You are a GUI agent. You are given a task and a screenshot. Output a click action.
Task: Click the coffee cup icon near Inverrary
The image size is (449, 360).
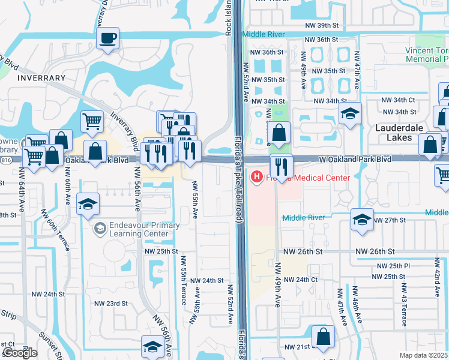(x=107, y=40)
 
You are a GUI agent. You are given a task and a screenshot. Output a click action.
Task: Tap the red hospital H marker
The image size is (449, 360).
(x=257, y=176)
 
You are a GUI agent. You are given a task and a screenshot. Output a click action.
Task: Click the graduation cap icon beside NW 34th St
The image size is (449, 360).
(x=349, y=113)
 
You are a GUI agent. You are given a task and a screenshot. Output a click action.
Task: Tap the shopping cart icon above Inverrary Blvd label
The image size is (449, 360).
(x=92, y=121)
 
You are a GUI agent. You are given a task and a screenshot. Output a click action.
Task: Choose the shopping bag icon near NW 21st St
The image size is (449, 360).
(x=323, y=337)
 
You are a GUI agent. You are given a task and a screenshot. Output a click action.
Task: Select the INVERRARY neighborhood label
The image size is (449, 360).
(x=41, y=78)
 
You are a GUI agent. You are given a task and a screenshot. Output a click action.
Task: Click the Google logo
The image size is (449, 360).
(x=20, y=353)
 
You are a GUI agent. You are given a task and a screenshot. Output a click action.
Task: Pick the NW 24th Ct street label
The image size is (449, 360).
(x=300, y=280)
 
